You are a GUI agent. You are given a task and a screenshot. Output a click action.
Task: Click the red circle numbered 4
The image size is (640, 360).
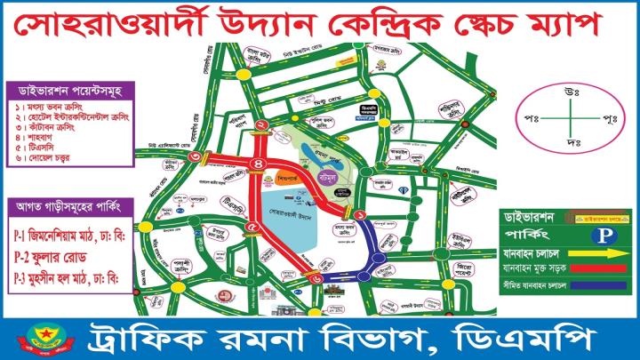click(x=260, y=164)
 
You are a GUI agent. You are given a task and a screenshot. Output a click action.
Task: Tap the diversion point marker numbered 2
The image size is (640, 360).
click(x=262, y=124)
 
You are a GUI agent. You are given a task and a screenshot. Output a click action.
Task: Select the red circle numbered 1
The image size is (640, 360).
click(x=360, y=215)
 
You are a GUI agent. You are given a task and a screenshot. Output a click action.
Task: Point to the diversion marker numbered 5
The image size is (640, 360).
click(x=252, y=228)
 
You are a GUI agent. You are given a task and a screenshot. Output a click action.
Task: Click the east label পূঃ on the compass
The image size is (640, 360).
click(x=610, y=118)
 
